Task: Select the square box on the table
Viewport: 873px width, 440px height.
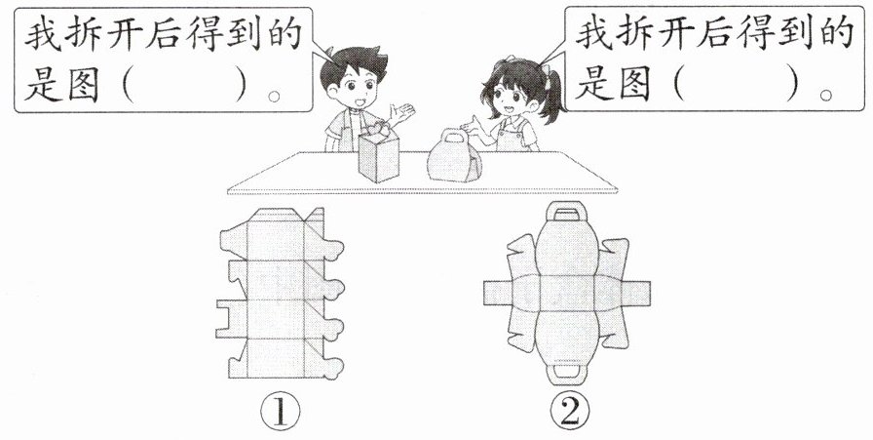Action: coord(379,153)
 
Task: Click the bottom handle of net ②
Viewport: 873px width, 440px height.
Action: coord(567,374)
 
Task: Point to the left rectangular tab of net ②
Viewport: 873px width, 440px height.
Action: coord(498,293)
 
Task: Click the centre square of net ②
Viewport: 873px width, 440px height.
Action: coord(567,293)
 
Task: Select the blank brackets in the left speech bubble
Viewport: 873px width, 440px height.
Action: coord(184,89)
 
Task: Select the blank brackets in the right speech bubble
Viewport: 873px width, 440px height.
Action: coord(736,87)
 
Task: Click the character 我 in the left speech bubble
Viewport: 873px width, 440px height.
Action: coord(43,33)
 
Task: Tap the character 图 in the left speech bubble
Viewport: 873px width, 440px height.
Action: coord(84,88)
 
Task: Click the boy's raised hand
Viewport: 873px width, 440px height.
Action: coord(402,113)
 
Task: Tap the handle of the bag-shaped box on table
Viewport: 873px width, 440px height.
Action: coord(455,136)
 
